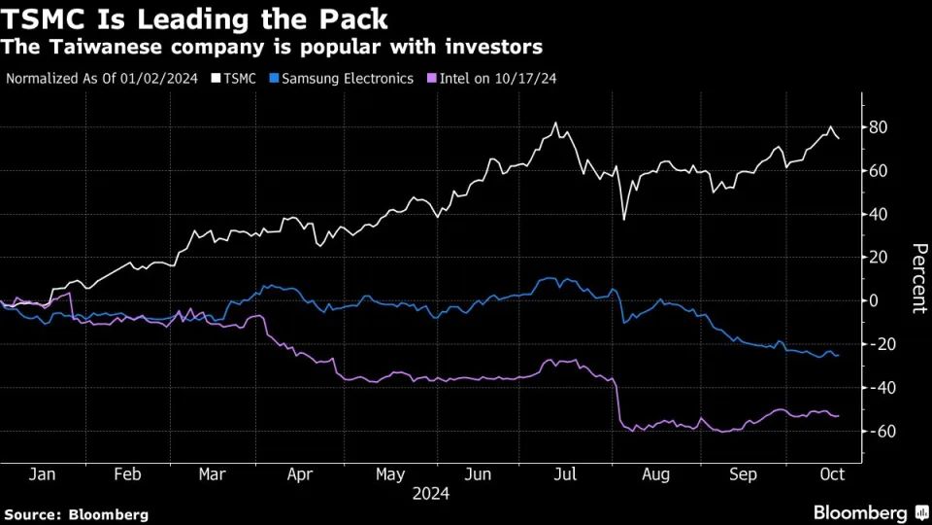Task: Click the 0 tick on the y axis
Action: click(x=874, y=300)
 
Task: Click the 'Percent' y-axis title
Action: click(x=915, y=278)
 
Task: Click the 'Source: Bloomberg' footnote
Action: click(x=77, y=513)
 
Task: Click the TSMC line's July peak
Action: click(x=555, y=123)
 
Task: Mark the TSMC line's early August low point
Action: click(x=623, y=220)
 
